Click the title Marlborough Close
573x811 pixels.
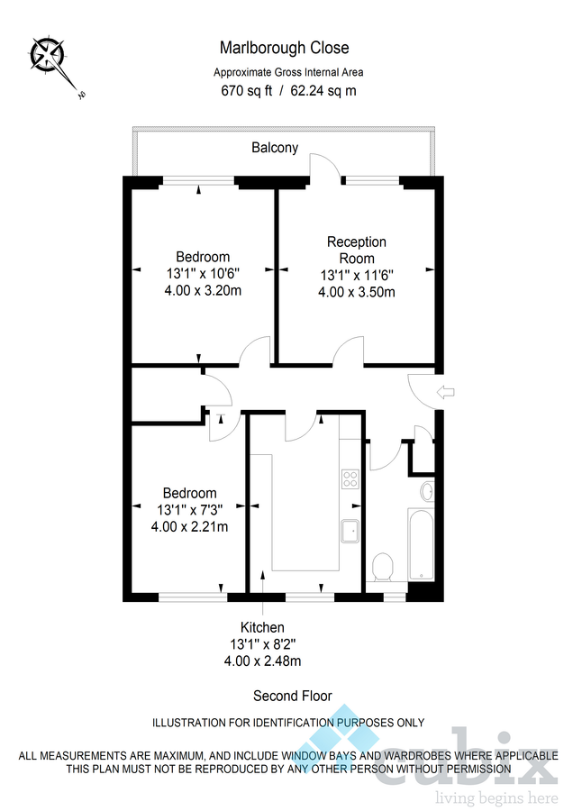284,48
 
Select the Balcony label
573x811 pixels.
275,148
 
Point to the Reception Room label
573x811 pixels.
356,250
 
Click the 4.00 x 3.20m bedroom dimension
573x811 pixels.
203,290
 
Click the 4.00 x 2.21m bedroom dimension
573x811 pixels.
189,526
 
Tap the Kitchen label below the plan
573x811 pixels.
262,627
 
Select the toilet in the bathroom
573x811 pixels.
382,568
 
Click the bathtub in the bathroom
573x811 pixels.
421,544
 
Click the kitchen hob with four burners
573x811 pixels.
350,478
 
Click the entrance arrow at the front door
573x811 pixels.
447,392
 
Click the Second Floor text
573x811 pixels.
292,696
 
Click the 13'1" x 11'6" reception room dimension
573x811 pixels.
357,276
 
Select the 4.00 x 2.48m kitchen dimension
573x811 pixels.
262,661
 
